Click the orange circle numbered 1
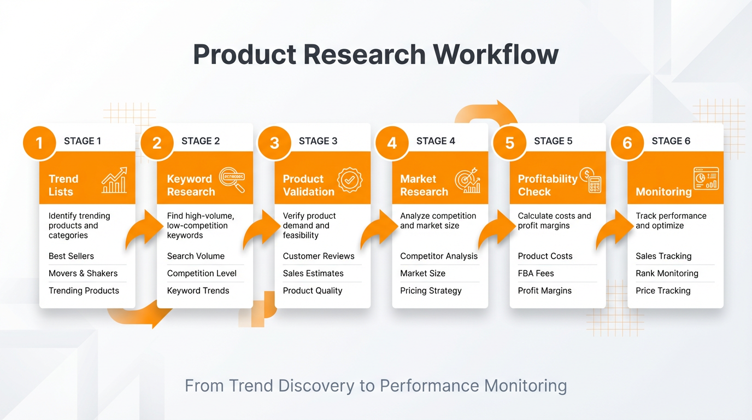point(39,143)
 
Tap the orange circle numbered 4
point(392,143)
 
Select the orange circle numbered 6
point(627,143)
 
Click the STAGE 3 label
point(318,141)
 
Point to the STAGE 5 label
point(553,141)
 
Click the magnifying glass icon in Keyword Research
point(232,180)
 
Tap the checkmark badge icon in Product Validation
point(350,180)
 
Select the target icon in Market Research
point(467,180)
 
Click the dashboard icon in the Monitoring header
point(706,179)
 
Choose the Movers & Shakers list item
point(83,273)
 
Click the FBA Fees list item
point(536,273)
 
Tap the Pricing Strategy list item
point(431,291)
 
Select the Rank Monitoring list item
point(667,273)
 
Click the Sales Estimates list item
point(313,273)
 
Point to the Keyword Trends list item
point(198,291)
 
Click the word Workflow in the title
point(496,55)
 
